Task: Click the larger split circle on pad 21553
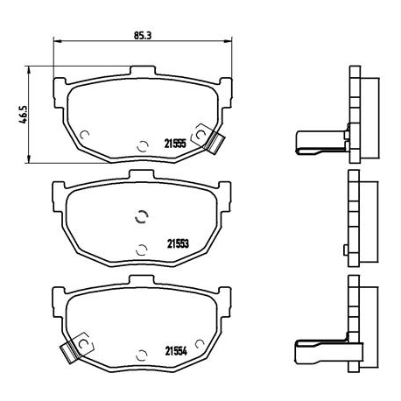point(141,219)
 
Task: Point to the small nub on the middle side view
point(346,252)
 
